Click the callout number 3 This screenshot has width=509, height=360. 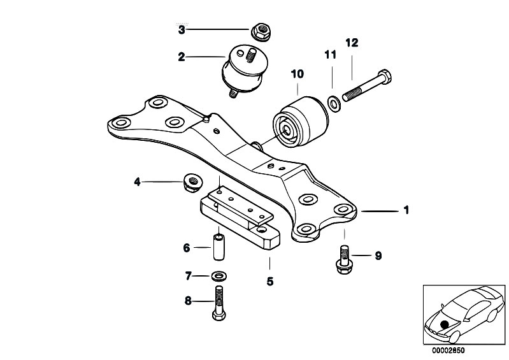point(182,30)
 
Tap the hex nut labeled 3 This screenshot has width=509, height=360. point(261,31)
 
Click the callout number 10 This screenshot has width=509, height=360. point(298,74)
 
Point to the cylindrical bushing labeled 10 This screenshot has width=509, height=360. point(301,122)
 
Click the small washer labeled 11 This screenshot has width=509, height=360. point(333,104)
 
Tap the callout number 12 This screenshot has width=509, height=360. point(352,43)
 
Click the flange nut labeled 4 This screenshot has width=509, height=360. point(192,182)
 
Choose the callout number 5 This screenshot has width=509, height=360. point(270,282)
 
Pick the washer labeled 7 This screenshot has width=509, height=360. point(219,276)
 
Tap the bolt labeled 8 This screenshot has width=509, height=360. point(219,303)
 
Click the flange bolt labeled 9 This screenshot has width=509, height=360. point(343,260)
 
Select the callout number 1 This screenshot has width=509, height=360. point(406,210)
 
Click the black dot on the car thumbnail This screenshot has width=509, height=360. point(445,324)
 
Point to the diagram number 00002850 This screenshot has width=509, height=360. point(448,350)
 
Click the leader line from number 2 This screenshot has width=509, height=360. point(206,57)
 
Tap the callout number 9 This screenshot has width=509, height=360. point(378,256)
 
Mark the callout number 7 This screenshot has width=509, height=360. point(189,277)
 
